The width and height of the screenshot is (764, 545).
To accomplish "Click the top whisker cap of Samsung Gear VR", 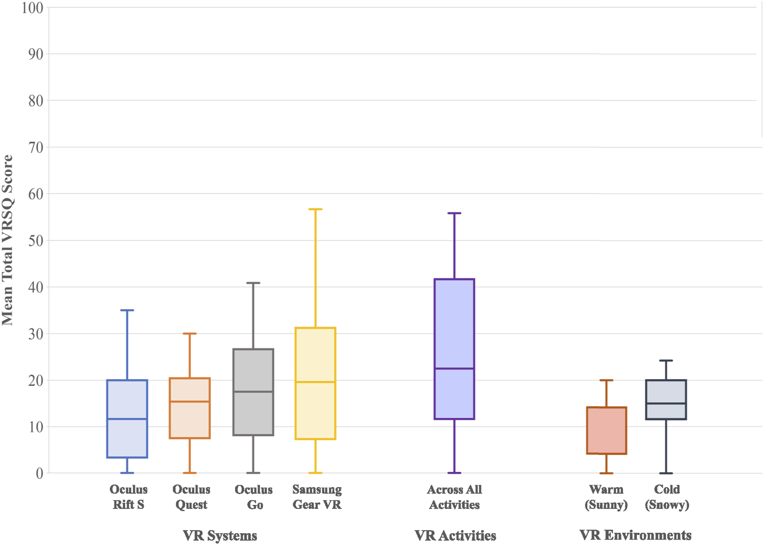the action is click(x=315, y=209).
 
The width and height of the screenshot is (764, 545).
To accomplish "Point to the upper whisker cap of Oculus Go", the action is click(x=253, y=283).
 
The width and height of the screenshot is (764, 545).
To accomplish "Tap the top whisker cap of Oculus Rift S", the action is click(x=127, y=310).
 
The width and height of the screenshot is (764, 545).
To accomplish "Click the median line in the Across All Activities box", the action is click(x=454, y=368).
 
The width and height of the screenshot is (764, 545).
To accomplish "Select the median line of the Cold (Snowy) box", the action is click(x=666, y=403).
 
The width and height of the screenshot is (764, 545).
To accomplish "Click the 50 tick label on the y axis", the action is click(x=36, y=241).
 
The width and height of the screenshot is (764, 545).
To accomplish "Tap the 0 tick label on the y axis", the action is click(x=40, y=473).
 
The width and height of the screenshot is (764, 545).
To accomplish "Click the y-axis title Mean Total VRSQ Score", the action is click(x=7, y=240).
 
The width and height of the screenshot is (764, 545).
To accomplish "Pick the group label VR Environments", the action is click(x=635, y=535).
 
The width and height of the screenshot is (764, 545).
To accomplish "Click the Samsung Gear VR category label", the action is click(x=317, y=497).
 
